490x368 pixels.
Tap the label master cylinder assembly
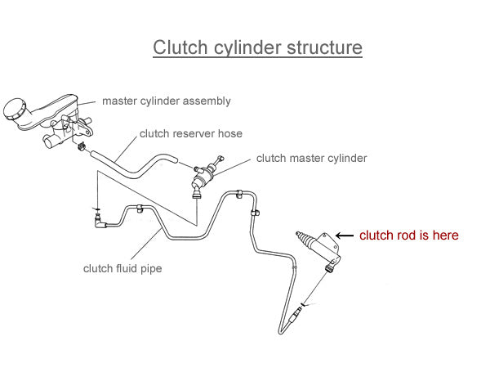[x=166, y=101]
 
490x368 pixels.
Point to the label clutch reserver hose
[x=191, y=132]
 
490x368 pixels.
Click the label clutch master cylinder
[x=311, y=158]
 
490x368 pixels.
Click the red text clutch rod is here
[x=409, y=236]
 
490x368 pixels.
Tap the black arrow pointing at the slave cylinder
[x=345, y=235]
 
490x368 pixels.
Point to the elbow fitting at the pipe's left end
[x=100, y=219]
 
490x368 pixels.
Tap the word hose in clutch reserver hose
[x=230, y=132]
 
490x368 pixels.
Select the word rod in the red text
[x=403, y=236]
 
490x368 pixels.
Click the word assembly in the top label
[x=207, y=101]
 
